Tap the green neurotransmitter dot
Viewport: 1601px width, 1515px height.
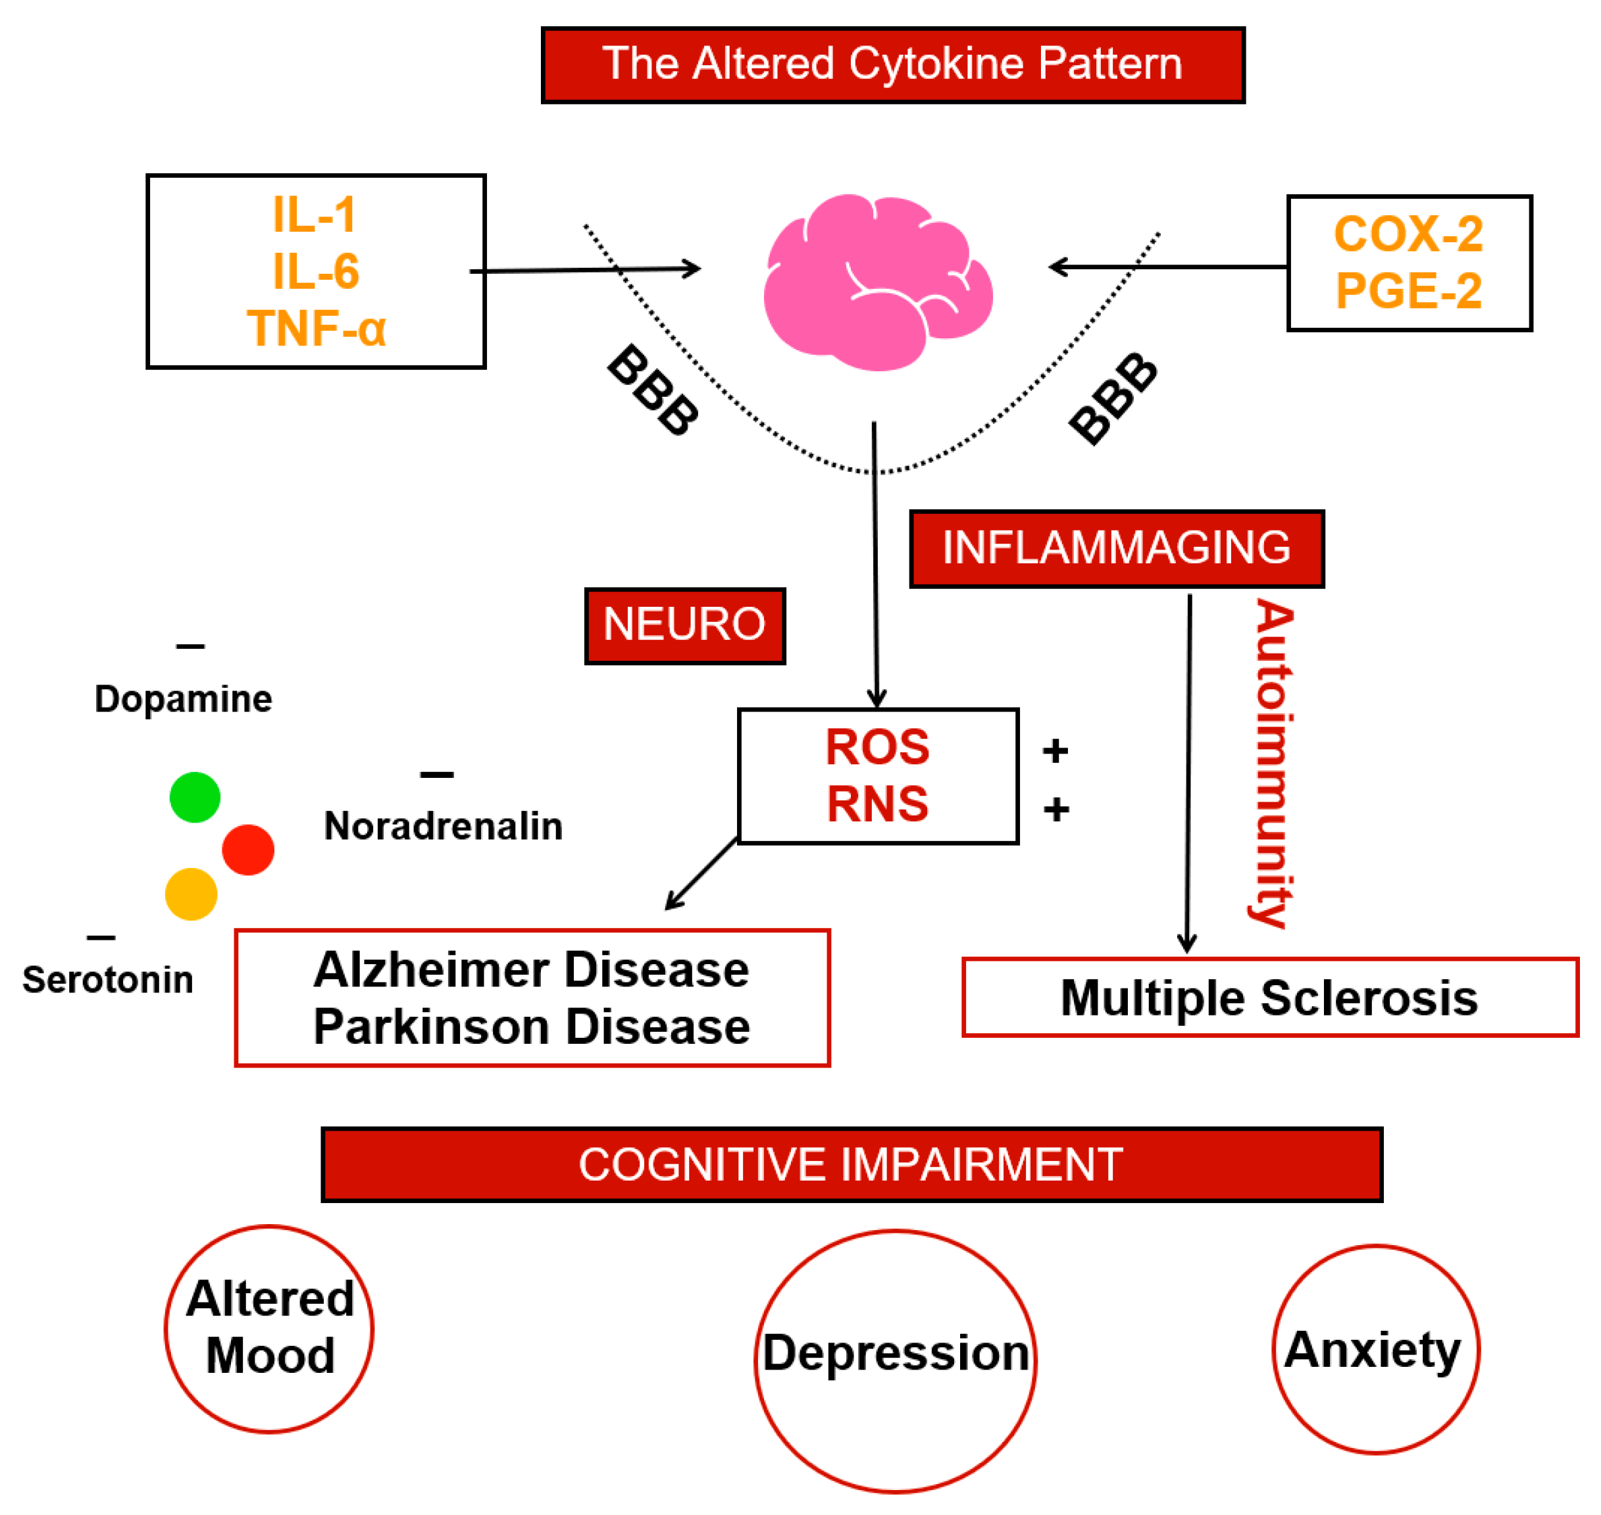195,797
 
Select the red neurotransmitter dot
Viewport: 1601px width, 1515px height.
248,850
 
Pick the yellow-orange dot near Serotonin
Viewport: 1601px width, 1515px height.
191,894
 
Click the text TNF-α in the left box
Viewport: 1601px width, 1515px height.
317,328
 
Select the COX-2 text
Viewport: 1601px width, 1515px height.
1408,234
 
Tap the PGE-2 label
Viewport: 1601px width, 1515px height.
1408,291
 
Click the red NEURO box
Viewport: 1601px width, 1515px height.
684,626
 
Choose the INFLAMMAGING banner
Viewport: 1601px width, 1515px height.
1116,548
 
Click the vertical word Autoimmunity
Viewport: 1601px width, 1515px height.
1273,763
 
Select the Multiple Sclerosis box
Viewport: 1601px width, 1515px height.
1269,997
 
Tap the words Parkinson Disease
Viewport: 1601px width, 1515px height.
531,1027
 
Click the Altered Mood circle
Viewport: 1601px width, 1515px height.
270,1329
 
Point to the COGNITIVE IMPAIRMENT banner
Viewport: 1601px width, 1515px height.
851,1164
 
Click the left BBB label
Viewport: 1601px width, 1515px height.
652,390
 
